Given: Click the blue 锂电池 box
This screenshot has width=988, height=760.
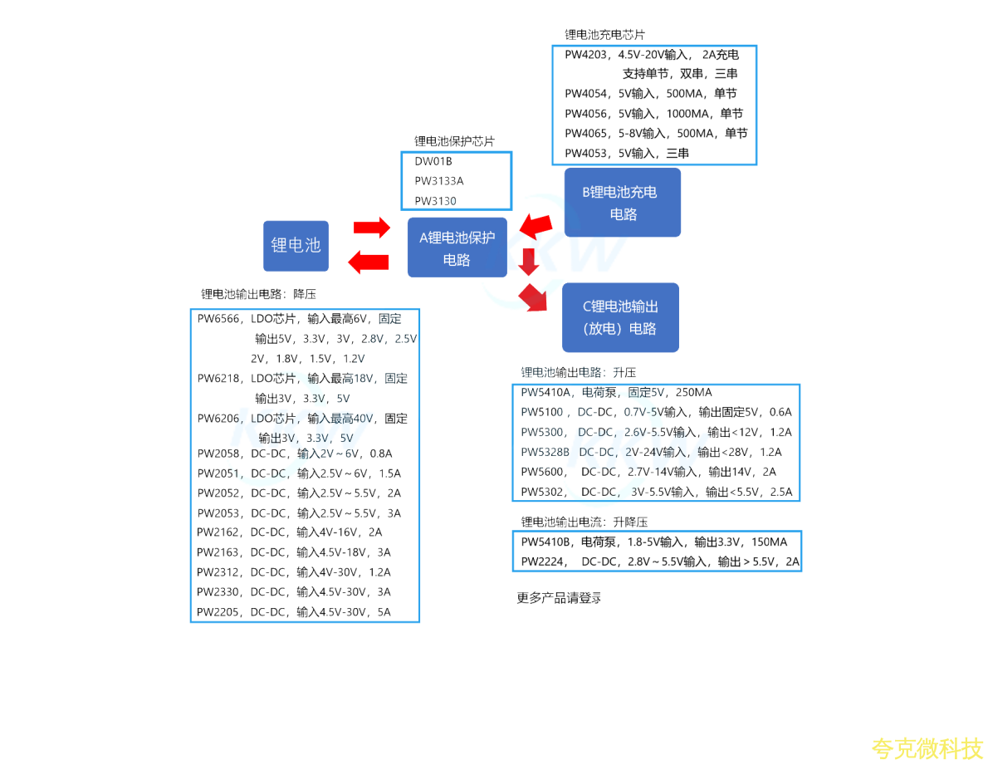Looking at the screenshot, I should click(296, 246).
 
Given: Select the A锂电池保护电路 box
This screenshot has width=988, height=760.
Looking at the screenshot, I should click(457, 248).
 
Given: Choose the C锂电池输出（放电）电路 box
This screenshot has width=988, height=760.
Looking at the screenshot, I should click(620, 317).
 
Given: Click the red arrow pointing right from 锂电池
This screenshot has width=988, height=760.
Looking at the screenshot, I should click(371, 227).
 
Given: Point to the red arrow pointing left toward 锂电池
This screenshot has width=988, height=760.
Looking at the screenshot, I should click(368, 262).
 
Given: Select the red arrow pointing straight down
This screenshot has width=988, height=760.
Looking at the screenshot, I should click(528, 260).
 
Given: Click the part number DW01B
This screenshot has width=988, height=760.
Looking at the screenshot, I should click(433, 161).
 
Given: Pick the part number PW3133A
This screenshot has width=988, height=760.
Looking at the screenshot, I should click(439, 181).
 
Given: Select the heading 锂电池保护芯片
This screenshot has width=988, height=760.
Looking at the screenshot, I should click(454, 141).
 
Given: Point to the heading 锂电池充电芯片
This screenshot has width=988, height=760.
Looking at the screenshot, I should click(604, 35).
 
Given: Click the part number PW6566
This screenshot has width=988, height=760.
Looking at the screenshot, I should click(218, 319).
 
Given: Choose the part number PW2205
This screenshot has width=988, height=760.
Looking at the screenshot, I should click(218, 612).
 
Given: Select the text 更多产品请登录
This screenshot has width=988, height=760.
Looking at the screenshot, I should click(559, 598).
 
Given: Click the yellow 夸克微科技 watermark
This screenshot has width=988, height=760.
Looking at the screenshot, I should click(927, 747).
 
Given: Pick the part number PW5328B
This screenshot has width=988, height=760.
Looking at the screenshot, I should click(545, 453).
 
